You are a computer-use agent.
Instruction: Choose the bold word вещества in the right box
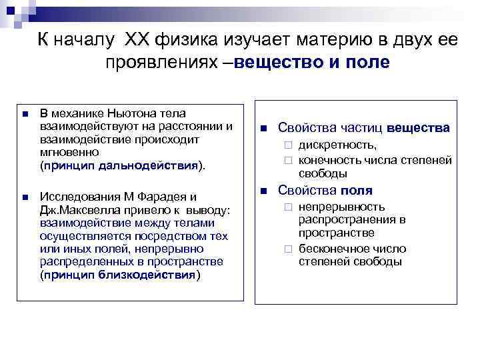tap(418, 127)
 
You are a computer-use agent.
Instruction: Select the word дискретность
tap(337, 145)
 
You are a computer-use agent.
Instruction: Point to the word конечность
tap(330, 160)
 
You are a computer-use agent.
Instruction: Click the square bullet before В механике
tap(24, 115)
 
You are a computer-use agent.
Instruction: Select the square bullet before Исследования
tap(24, 198)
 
